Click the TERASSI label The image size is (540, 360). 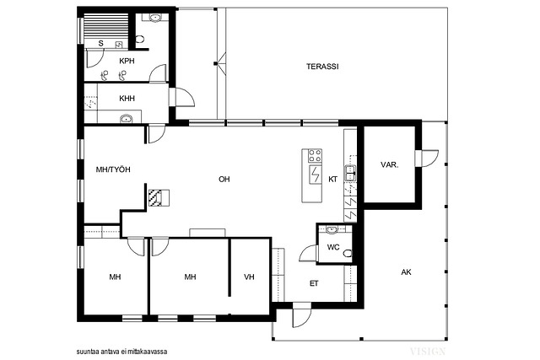point(322,67)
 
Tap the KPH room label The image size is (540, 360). point(127,62)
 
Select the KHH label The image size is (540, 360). point(127,99)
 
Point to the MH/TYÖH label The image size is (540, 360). point(113,169)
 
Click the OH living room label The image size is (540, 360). point(224,180)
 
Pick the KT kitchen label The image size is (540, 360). point(332,180)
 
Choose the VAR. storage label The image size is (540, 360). point(390,165)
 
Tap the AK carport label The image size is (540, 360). point(406,272)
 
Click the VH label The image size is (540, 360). point(249,277)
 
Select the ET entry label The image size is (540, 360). point(314,283)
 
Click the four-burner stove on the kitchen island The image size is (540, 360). point(315,156)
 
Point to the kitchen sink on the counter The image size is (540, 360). point(351,173)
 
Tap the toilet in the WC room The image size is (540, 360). point(348,254)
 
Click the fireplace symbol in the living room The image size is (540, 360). point(159,198)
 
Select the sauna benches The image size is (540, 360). point(106,28)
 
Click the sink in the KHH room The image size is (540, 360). point(127,119)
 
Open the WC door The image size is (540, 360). point(308,254)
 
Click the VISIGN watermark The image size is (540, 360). point(428,352)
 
